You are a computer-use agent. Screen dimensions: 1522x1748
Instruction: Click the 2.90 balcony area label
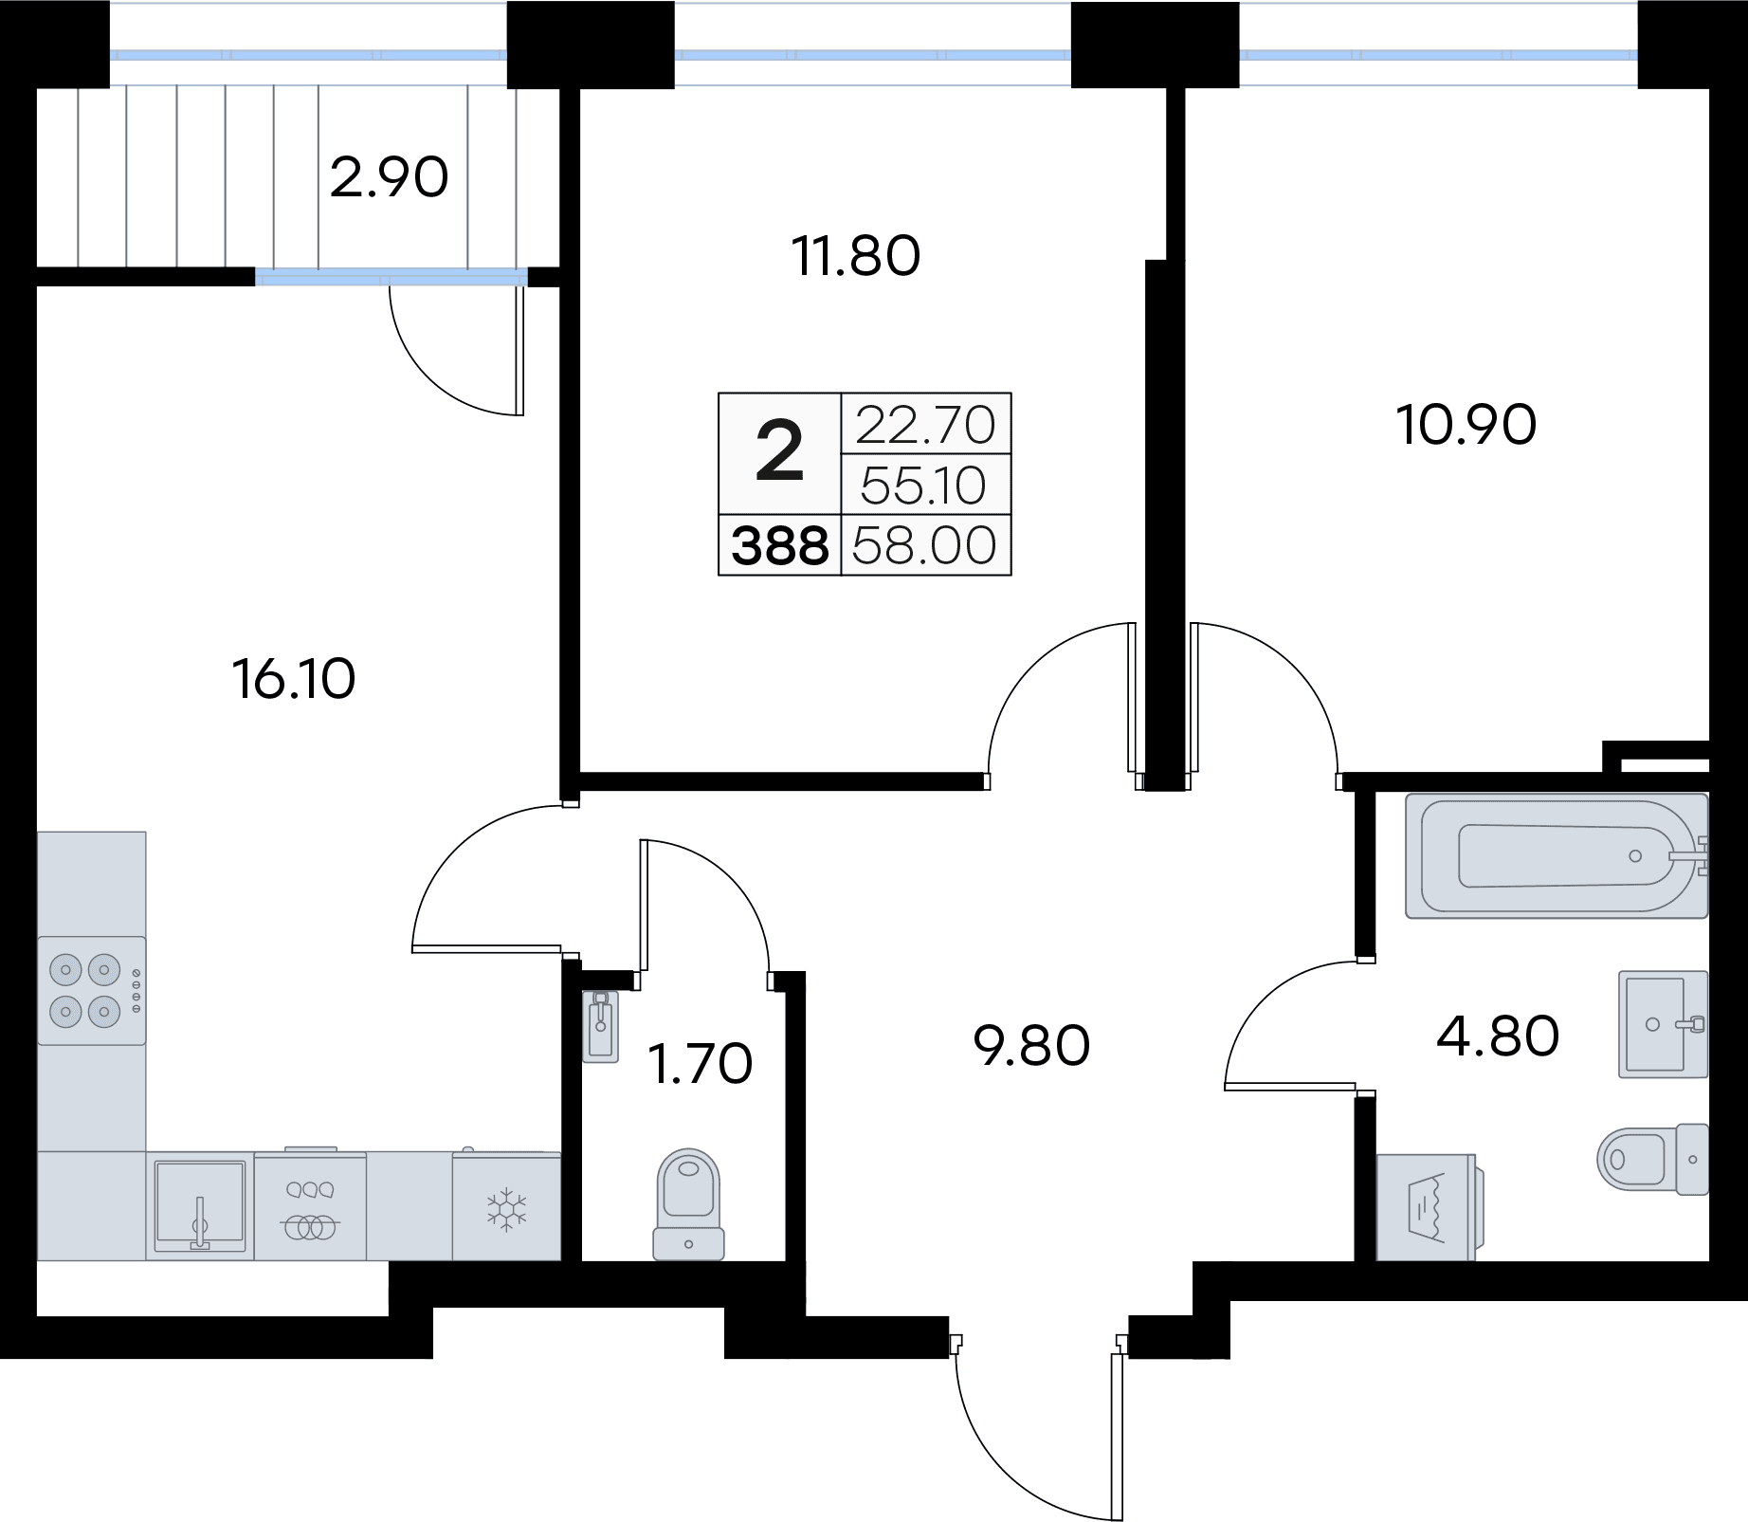tap(389, 177)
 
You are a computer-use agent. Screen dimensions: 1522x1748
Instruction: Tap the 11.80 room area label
tap(857, 256)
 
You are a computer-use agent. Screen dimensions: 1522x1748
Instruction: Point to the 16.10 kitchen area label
tap(294, 679)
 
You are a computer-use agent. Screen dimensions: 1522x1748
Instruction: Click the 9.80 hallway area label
tap(1032, 1046)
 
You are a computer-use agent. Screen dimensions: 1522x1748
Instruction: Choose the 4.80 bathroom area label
tap(1498, 1036)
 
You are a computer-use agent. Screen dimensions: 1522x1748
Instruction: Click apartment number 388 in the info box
tap(780, 547)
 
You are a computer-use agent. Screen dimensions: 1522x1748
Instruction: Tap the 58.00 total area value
tap(925, 546)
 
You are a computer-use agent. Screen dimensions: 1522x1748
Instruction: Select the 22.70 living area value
tap(925, 424)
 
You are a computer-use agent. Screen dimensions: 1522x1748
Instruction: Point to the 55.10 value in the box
tap(925, 486)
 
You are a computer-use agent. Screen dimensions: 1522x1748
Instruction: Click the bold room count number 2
tap(780, 453)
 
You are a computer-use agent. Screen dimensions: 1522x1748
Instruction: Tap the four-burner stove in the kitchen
tap(90, 991)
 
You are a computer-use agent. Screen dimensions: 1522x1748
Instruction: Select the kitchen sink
tap(200, 1206)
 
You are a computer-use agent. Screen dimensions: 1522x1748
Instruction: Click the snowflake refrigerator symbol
tap(506, 1208)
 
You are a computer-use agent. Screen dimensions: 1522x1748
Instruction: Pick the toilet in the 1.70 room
tap(689, 1203)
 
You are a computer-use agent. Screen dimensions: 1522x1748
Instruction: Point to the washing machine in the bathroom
tap(1426, 1207)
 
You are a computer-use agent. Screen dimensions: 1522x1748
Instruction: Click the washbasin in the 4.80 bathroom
tap(1663, 1023)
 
